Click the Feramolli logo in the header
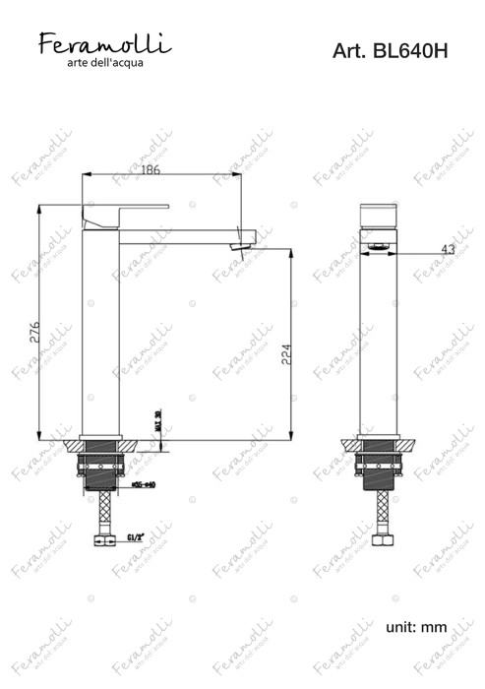[104, 43]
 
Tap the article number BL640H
[389, 51]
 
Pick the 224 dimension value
[286, 355]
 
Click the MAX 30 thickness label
[158, 420]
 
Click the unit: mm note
[417, 627]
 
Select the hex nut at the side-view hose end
[100, 539]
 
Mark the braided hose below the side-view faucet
[100, 512]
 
